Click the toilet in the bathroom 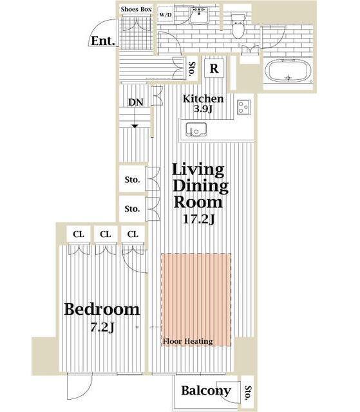238,26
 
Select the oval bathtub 289,71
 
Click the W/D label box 166,15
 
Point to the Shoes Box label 136,10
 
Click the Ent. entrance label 103,41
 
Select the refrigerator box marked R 214,68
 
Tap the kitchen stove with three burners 244,108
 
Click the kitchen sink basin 196,129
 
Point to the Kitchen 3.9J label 203,104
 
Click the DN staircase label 136,102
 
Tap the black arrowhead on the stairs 135,126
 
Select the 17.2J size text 198,219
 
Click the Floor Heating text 188,341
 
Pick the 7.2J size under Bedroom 102,328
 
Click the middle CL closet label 106,234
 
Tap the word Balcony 206,391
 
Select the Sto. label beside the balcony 248,393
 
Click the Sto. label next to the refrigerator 192,69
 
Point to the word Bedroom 102,309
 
